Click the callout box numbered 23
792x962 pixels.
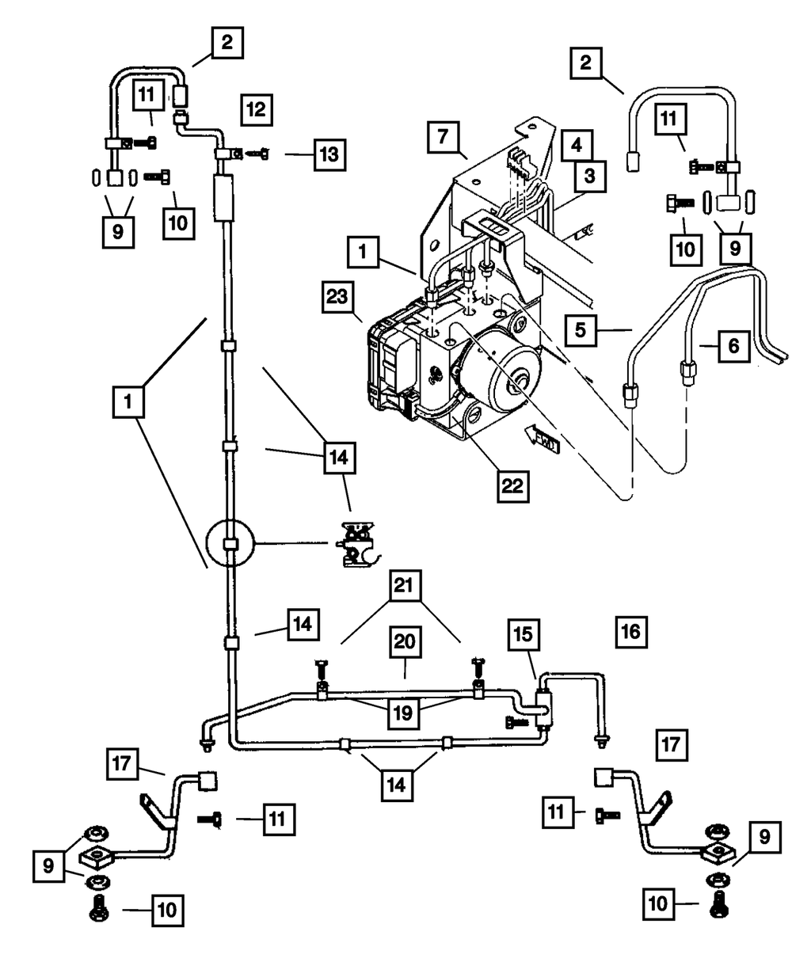click(338, 297)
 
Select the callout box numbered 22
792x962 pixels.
click(512, 486)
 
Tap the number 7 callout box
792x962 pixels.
click(444, 137)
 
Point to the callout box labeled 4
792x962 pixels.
click(577, 146)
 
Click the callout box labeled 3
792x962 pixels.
click(590, 176)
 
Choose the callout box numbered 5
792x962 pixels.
click(581, 330)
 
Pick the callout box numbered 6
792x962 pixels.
click(734, 346)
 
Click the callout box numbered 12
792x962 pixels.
click(257, 110)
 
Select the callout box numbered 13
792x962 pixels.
click(329, 155)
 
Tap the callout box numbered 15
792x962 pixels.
click(524, 634)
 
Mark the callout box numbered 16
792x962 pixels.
click(631, 632)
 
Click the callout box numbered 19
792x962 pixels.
click(403, 713)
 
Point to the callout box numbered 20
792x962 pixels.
click(406, 642)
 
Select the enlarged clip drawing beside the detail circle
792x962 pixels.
click(359, 544)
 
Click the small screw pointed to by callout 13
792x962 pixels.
click(257, 154)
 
